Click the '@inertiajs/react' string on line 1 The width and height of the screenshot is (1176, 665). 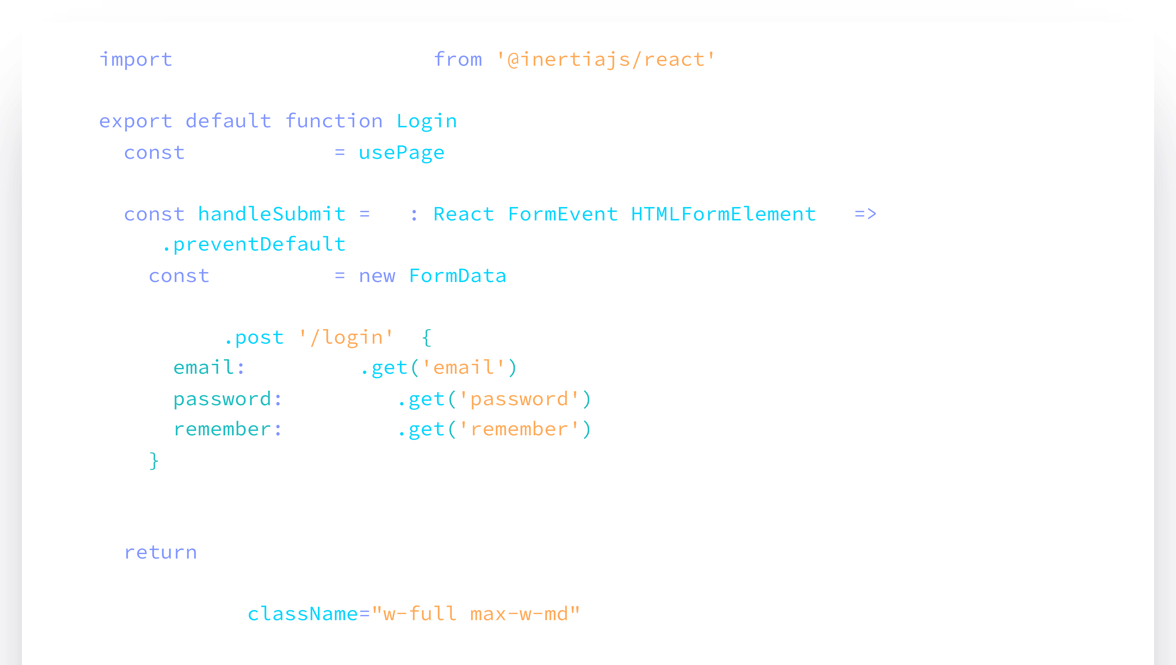coord(605,60)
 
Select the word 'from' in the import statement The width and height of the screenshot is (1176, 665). coord(458,60)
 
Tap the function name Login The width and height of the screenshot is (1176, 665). coord(426,122)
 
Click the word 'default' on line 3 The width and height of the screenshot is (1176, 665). coord(228,122)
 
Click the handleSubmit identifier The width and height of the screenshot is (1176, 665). coord(271,214)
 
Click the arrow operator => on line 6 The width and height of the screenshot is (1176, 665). coord(865,214)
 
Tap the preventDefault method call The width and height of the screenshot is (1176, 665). coord(259,245)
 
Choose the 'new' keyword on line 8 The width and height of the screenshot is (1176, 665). coord(377,276)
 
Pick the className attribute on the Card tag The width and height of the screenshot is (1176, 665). coord(302,614)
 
